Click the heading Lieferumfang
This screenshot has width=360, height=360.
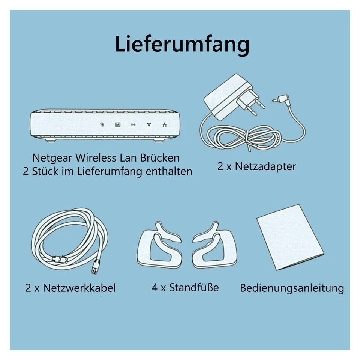pos(182,45)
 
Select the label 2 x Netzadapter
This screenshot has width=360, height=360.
pos(256,166)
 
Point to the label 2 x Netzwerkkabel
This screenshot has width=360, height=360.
pos(70,288)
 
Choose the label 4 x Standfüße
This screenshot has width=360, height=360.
pos(185,288)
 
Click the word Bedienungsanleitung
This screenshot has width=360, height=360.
pos(292,288)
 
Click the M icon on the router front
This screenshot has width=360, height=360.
pos(117,124)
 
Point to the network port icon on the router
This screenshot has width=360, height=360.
pos(164,125)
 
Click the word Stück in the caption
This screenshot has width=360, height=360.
pos(50,171)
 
